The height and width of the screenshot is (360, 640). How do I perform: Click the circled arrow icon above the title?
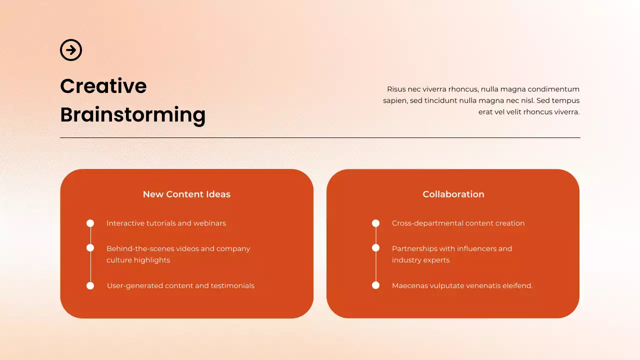(71, 50)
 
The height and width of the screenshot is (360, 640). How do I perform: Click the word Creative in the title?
(103, 86)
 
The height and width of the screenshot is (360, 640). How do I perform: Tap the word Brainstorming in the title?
(132, 114)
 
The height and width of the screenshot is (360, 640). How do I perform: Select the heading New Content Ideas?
(186, 194)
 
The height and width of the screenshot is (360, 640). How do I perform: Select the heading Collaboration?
(453, 194)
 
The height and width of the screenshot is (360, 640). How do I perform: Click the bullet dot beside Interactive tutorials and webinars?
(90, 223)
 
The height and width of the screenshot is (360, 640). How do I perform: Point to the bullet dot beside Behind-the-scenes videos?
(90, 248)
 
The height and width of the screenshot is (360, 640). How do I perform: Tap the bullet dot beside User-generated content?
(90, 286)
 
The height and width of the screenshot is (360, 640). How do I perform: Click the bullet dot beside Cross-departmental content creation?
(375, 223)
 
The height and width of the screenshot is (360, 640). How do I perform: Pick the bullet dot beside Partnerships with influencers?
(375, 248)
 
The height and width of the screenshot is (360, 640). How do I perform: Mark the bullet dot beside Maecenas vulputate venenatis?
(375, 286)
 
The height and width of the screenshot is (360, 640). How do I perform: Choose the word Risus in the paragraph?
(396, 89)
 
